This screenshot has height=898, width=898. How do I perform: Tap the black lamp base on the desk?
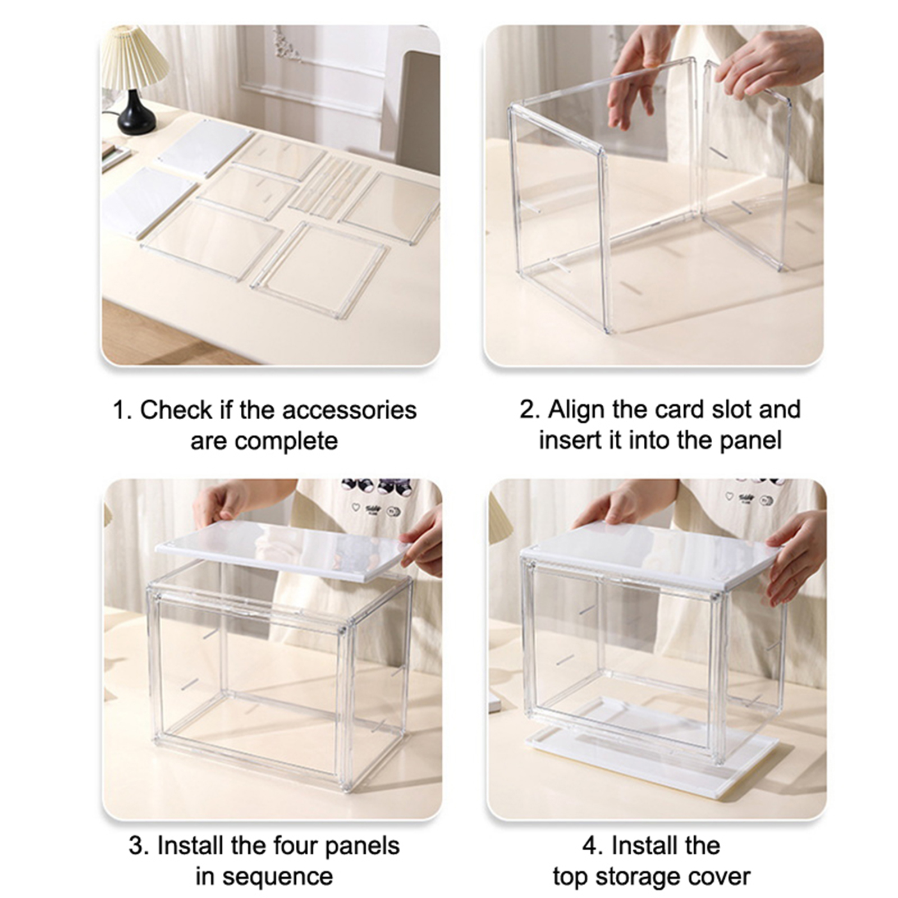point(136,112)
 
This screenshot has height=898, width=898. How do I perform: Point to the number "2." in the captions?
point(529,410)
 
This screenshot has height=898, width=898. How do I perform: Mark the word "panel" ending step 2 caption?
point(751,441)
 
